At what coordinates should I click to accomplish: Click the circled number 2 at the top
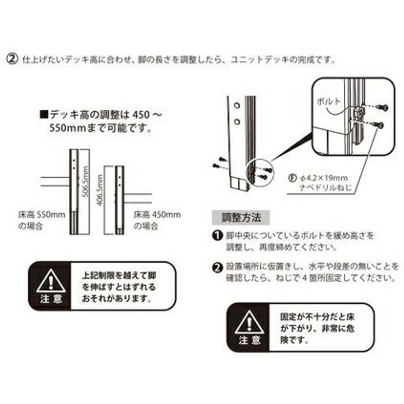coord(13,59)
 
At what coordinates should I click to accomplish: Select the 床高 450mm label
coord(157,215)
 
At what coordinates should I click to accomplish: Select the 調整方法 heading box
coord(242,218)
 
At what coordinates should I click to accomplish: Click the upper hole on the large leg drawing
coord(237,106)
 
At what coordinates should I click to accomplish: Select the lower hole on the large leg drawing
coord(237,121)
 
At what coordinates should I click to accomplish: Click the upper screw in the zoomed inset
coord(381,107)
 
